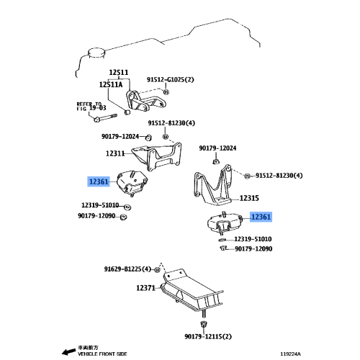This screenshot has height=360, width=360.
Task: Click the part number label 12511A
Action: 111,84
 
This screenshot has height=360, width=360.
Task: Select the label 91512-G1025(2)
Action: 171,79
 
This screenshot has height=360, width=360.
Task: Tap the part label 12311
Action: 115,153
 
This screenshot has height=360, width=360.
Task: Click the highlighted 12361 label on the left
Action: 99,181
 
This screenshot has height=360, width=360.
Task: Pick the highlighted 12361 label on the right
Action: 261,217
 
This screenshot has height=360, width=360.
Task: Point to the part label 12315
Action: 249,198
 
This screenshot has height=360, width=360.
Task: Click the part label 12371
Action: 146,288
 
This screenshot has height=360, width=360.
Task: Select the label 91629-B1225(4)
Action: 127,269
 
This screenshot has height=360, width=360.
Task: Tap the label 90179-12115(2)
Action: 208,336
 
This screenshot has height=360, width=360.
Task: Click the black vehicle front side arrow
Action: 68,351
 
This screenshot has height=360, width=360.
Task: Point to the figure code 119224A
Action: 291,354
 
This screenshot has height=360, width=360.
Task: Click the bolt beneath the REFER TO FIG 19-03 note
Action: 105,118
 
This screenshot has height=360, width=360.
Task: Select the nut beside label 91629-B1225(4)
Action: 156,270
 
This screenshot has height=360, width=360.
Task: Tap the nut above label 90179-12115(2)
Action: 204,325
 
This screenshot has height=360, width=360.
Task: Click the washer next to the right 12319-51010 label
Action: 222,240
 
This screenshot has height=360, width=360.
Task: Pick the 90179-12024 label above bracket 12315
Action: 217,148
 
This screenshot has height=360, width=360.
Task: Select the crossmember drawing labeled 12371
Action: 192,290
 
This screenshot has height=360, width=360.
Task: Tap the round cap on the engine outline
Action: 96,53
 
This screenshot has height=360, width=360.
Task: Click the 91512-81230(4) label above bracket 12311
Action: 171,123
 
